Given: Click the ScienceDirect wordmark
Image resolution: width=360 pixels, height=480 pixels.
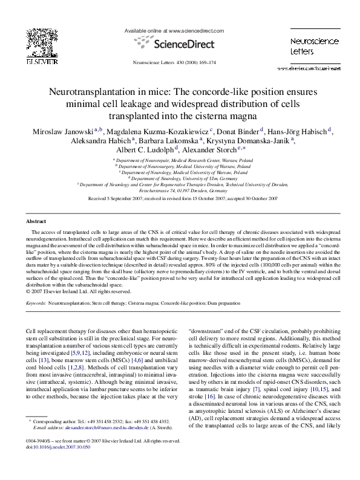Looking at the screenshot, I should [x=181, y=44].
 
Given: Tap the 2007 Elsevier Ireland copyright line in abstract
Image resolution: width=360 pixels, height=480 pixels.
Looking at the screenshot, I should [x=79, y=291].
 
